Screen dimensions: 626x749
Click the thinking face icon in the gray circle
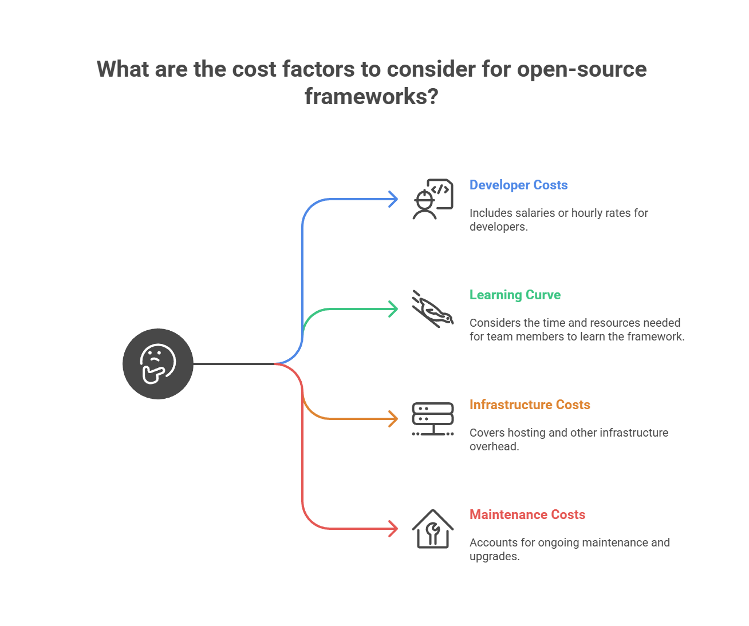click(x=157, y=364)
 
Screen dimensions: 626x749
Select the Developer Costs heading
click(x=518, y=185)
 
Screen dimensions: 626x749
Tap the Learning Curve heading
click(x=515, y=295)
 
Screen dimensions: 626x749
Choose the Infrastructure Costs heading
click(x=530, y=405)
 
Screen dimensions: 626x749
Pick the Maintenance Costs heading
click(x=527, y=515)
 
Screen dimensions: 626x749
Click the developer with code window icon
click(x=433, y=199)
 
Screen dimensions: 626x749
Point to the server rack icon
click(x=433, y=419)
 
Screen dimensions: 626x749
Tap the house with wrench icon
click(x=433, y=529)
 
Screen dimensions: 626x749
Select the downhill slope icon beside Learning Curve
click(x=433, y=309)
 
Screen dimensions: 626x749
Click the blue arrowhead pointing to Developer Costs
click(x=393, y=199)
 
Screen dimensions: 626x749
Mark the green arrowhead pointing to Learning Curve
click(x=393, y=309)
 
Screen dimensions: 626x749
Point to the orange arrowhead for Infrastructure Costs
click(x=393, y=419)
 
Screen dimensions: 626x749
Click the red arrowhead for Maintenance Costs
click(x=393, y=529)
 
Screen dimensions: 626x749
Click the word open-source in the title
click(x=582, y=70)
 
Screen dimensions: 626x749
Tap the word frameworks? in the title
click(x=371, y=96)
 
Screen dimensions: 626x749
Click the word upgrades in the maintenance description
click(x=493, y=557)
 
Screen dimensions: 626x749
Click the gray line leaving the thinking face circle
click(x=235, y=364)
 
